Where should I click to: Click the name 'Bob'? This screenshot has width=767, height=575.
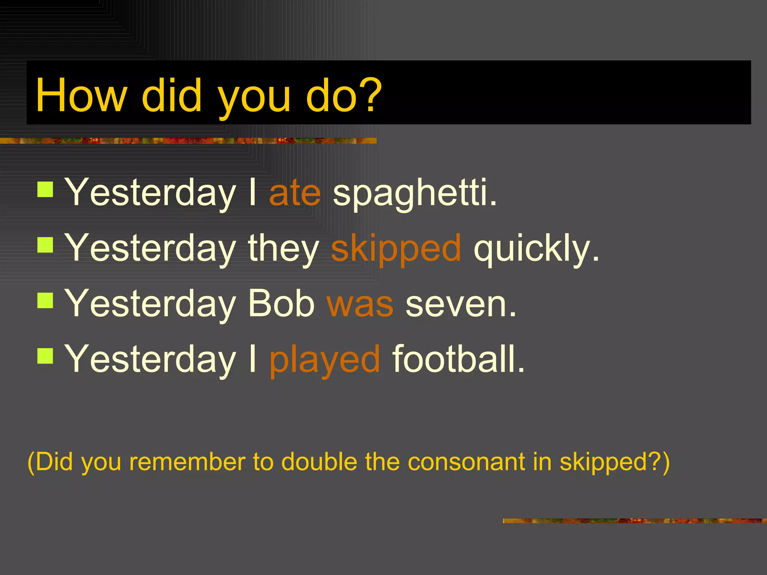(281, 304)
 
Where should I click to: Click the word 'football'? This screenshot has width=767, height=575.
(458, 359)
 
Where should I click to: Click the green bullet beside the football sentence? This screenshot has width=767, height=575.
(45, 356)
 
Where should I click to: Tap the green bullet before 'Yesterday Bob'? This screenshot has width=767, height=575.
(45, 300)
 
